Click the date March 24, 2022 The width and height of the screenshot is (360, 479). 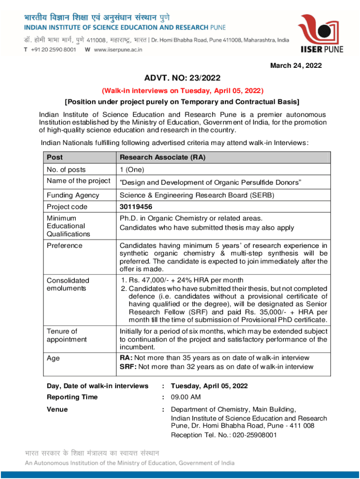tap(296, 66)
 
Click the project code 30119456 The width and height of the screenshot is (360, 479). tap(136, 207)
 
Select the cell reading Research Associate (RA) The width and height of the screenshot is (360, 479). tap(162, 158)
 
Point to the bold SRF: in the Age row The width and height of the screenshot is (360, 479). tap(128, 366)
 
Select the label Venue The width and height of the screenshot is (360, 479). tap(57, 409)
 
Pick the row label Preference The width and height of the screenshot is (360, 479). tap(65, 246)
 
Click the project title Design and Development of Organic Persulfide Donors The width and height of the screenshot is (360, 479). tap(210, 181)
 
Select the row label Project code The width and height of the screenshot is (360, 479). tap(67, 207)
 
